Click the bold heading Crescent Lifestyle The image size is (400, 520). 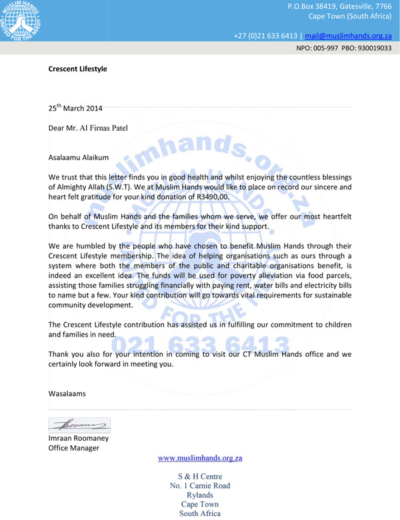pos(77,69)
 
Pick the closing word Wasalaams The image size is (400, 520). pos(67,393)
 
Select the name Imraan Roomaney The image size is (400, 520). pos(78,438)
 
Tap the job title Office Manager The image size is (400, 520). pos(73,448)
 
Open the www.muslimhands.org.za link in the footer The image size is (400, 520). pos(199,459)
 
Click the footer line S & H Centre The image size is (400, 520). pos(199,476)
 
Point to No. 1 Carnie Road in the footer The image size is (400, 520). pos(199,485)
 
